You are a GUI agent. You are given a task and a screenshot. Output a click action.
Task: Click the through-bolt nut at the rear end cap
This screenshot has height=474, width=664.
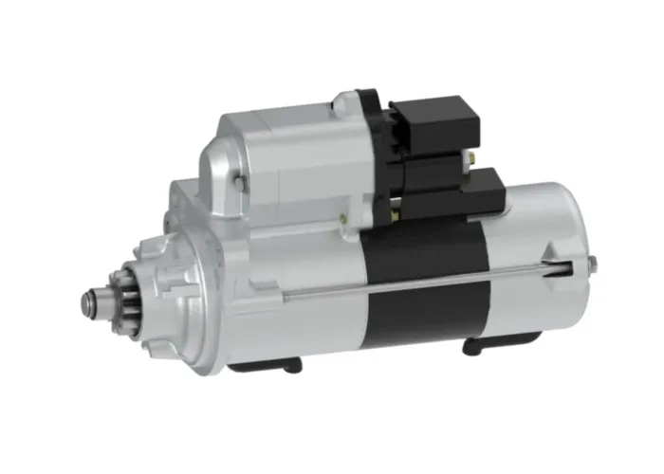(590, 262)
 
